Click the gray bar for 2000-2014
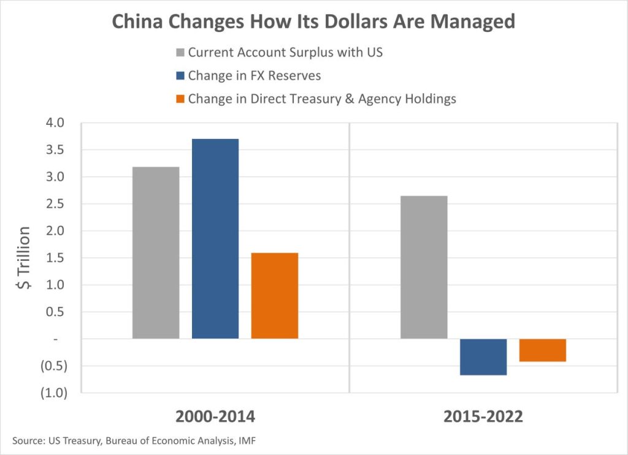(156, 252)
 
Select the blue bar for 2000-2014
(215, 239)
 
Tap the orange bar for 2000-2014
(275, 295)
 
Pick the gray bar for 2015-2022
(424, 267)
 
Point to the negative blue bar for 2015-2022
(483, 356)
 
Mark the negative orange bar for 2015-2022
(543, 350)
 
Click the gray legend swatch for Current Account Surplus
(180, 53)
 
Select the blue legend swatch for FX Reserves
(180, 75)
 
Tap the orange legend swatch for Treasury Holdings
(180, 99)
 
